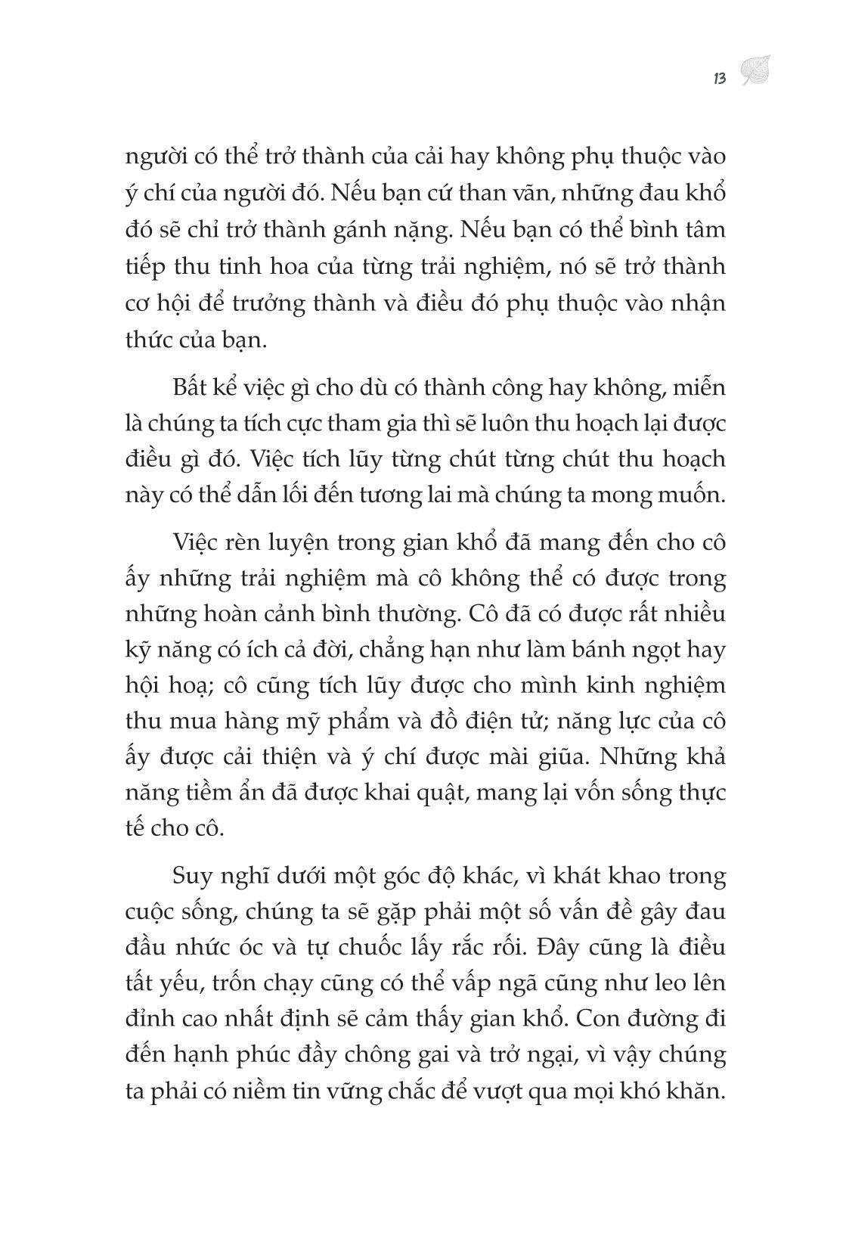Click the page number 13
(x=719, y=78)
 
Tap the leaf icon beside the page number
(x=753, y=72)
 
